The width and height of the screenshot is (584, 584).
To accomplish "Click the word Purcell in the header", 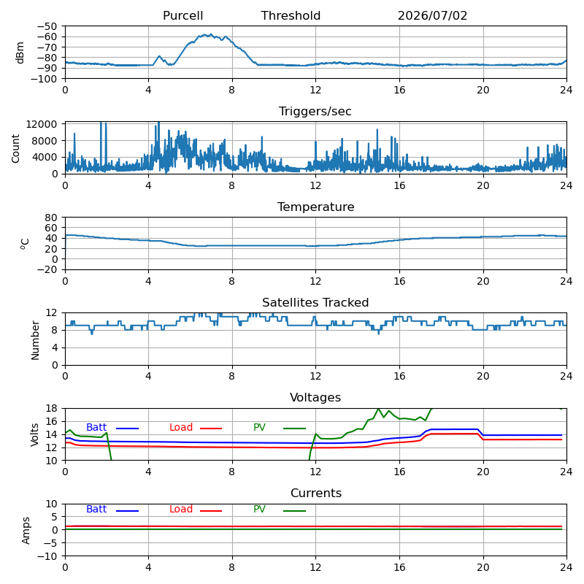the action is point(183,15).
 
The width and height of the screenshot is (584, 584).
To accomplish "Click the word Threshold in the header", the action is point(291,15).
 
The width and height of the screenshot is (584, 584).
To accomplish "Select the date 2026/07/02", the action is point(432,15).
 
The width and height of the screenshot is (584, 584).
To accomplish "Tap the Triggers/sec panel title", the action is point(315,112).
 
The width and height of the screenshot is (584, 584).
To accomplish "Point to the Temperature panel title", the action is point(316,207).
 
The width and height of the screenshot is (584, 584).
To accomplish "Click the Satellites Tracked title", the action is point(315,302).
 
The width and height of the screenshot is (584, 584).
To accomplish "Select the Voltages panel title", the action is point(315,397).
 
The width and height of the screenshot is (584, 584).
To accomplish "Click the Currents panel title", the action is point(316,493).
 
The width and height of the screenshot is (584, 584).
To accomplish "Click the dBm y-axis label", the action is point(20,53).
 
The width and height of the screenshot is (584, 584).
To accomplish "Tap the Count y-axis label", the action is point(15,149).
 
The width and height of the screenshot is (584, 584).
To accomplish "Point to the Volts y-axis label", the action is point(34,434).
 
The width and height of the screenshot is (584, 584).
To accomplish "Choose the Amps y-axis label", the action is point(26,531).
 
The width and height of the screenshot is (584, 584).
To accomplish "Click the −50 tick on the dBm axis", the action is point(47,26).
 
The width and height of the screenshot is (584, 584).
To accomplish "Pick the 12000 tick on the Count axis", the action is point(42,124).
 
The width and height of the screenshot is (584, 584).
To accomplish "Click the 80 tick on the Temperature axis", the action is point(52,217).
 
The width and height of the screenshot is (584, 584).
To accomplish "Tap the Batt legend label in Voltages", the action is point(96,427).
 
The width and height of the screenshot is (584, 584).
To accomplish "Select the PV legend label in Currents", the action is point(259,509).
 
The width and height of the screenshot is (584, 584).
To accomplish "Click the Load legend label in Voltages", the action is point(181,427).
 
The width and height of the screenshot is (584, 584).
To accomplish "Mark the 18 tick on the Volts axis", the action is point(52,408).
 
